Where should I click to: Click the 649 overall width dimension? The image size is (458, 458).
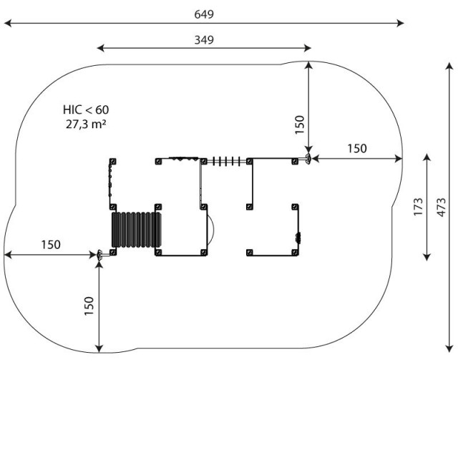pos(204,14)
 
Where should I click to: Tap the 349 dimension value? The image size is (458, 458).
pos(204,40)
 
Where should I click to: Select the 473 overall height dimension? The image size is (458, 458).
pos(441,208)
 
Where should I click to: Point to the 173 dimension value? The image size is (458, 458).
pos(418,207)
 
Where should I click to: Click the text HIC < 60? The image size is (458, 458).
pos(86,109)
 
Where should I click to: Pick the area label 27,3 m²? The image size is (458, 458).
pos(86,124)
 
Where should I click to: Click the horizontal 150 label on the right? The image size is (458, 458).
pos(357,148)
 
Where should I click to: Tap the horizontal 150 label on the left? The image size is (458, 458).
pos(51,245)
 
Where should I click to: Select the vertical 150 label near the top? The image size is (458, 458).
pos(300,125)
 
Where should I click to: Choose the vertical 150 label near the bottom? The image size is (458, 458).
pos(89,306)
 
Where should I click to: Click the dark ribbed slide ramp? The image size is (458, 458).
pos(137,230)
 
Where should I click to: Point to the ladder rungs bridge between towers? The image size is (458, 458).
pos(227,161)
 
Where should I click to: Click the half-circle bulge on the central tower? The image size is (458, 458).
pos(211,230)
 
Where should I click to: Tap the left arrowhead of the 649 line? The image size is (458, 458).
pos(8,23)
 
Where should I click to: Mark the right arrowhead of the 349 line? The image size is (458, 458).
pos(308,48)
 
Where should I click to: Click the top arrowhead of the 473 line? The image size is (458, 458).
pos(449,65)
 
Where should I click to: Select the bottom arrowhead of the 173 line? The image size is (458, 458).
pos(427,257)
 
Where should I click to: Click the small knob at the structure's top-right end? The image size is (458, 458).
pos(308,159)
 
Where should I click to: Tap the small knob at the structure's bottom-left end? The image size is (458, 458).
pos(99,255)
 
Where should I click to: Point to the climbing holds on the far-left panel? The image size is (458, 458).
pos(110,180)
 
